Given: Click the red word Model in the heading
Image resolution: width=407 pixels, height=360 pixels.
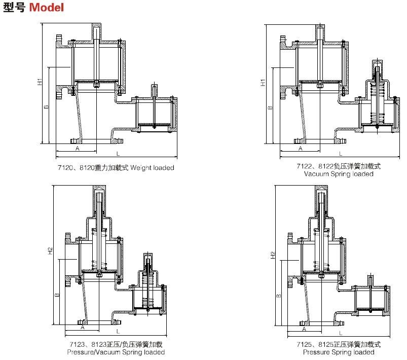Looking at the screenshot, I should (46, 9).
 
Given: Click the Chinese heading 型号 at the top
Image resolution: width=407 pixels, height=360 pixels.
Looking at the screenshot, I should (14, 9).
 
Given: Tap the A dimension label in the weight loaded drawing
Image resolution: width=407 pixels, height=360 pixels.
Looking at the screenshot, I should (78, 149).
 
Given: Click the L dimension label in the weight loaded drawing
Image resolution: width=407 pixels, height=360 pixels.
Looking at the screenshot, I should (118, 153).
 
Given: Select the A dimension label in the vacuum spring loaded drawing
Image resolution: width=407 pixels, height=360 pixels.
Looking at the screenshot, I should (300, 149).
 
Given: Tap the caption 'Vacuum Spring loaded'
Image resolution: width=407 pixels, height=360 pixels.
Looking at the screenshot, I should (339, 174).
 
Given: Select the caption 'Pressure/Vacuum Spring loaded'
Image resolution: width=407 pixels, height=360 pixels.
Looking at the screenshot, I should (117, 352).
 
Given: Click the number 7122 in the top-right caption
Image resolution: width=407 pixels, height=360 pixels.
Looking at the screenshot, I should (305, 166).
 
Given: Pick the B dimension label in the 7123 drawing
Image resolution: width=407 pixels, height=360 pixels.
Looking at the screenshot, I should (57, 295).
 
